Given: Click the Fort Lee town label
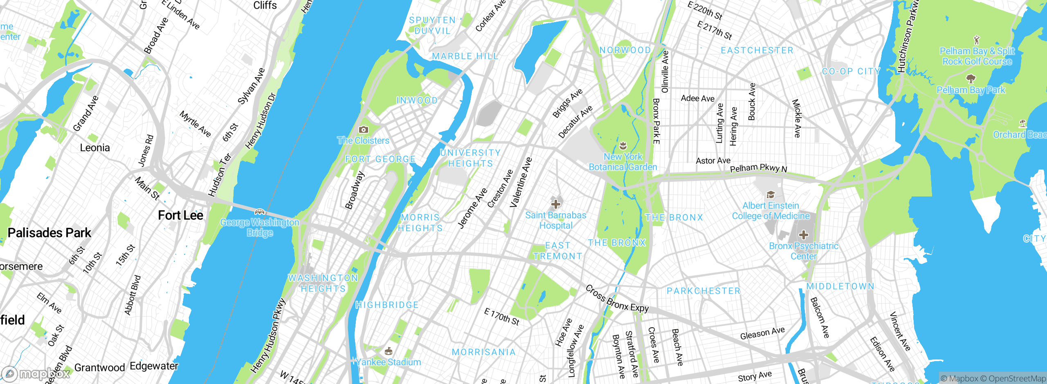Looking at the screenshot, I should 180,215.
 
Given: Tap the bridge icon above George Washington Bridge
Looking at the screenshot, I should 260,212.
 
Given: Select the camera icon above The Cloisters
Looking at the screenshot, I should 363,129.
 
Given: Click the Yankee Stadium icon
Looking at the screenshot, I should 389,351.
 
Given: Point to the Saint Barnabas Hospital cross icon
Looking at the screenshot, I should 555,203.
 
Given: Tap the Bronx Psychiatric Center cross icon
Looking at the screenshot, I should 803,234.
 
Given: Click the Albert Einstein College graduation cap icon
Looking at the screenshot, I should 771,194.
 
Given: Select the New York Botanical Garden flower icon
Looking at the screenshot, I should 623,145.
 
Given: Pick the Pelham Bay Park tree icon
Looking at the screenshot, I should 971,78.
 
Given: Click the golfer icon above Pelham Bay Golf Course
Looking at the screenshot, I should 977,40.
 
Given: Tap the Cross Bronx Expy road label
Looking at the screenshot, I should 617,299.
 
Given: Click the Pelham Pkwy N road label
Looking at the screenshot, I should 758,168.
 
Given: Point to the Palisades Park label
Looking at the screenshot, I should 49,233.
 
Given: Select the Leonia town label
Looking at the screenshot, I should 95,148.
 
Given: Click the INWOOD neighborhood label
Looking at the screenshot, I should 417,100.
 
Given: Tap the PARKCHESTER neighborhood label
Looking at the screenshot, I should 703,291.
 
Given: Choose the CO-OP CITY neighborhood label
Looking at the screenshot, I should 851,71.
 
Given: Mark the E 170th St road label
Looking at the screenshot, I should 501,317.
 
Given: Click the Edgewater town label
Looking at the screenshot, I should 154,366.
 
